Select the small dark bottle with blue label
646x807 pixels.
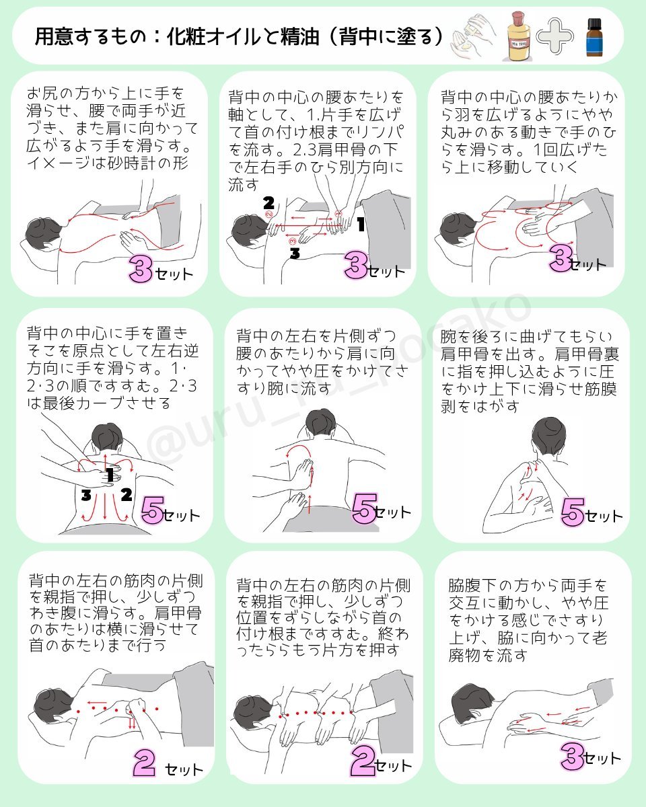pos(592,38)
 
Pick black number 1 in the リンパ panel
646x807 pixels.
pos(361,225)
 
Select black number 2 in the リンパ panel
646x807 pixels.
pos(268,202)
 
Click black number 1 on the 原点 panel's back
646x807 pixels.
pos(109,475)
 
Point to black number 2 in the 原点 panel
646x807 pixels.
pos(125,496)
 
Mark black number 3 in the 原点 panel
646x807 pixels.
pos(85,496)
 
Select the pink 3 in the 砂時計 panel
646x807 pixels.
pos(142,270)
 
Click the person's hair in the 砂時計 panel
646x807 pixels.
pos(42,233)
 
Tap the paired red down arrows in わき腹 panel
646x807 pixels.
pos(132,724)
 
